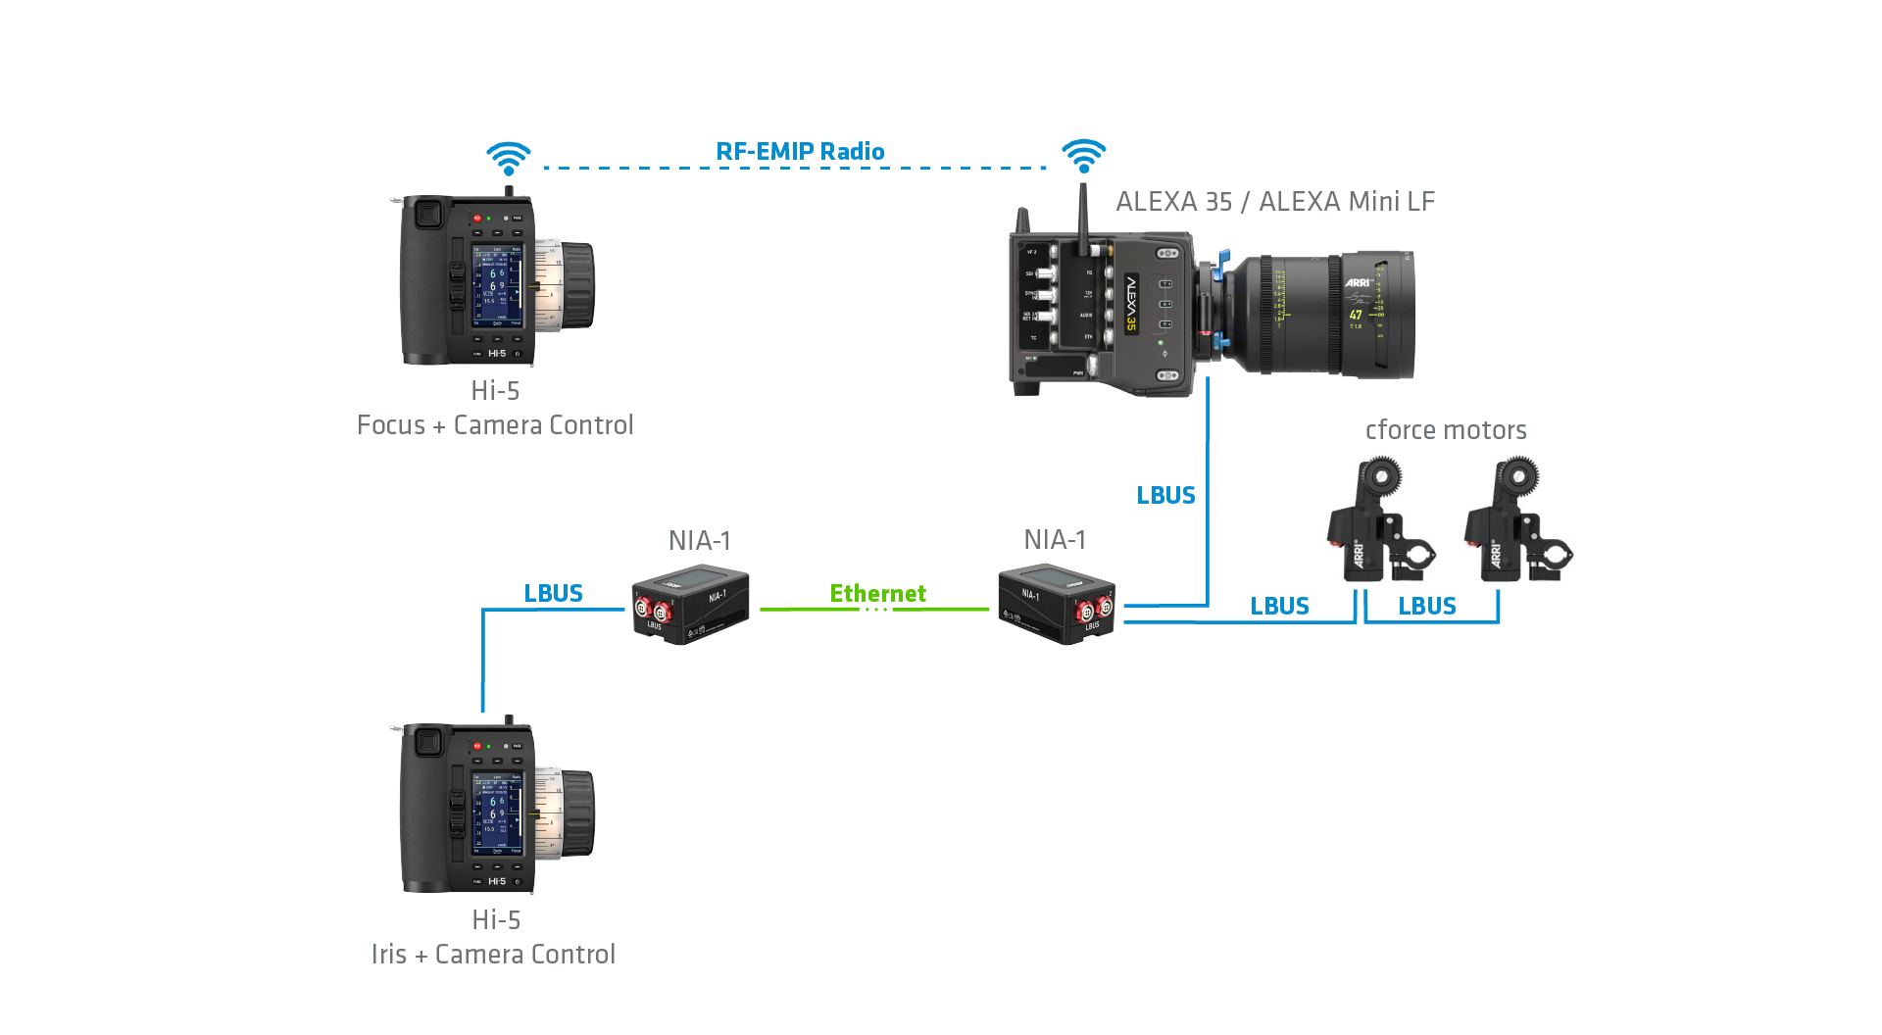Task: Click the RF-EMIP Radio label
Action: [x=800, y=152]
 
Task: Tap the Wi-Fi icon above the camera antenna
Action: [x=1083, y=155]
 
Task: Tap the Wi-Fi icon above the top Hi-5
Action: [x=509, y=158]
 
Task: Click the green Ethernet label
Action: [x=877, y=593]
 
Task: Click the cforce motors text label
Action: [x=1446, y=429]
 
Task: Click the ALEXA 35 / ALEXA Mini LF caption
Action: [x=1275, y=202]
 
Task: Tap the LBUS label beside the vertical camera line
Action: [x=1165, y=495]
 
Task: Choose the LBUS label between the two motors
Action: [x=1426, y=606]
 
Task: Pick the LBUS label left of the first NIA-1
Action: [x=553, y=593]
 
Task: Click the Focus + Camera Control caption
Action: [x=495, y=425]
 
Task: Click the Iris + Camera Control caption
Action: [x=493, y=955]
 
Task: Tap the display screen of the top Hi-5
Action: [x=497, y=287]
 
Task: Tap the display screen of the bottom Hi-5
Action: [x=497, y=813]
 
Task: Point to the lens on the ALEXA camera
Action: [x=1323, y=314]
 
